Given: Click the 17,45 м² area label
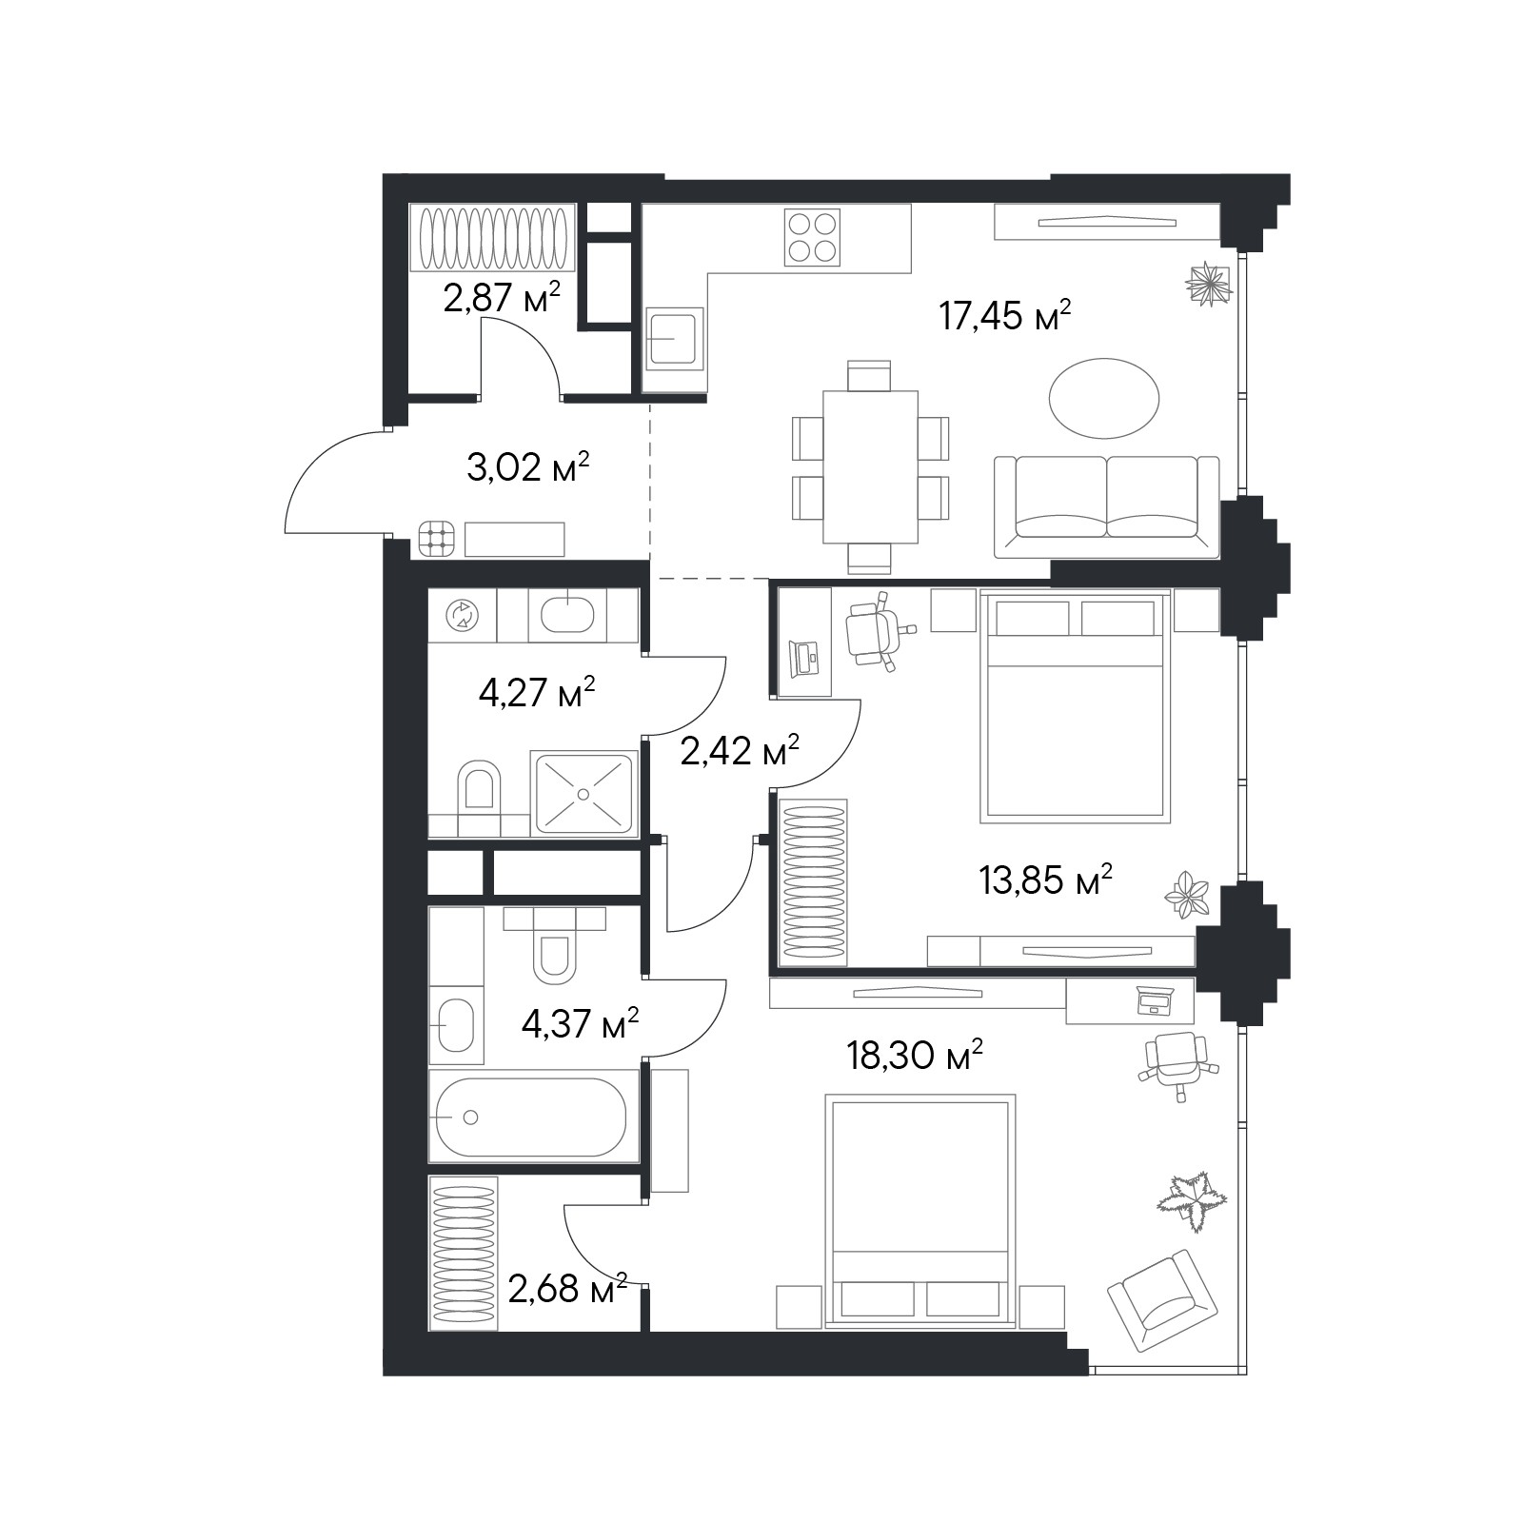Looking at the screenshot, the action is (1005, 315).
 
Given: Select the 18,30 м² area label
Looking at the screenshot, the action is (915, 1055).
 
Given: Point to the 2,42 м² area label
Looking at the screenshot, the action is (740, 751).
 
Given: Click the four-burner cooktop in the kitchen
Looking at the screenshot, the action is (812, 237).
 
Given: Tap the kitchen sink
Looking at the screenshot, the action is (675, 339).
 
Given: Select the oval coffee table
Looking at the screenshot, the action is (1104, 398).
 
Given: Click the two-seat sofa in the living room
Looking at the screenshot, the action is (1107, 506).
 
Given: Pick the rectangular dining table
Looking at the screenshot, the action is (871, 466).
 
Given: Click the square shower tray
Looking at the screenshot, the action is (583, 794).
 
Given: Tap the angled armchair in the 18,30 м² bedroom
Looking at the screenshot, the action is (1162, 1300).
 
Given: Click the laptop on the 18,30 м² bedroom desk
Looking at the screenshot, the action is (1155, 999).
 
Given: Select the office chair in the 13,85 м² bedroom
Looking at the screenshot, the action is (878, 630).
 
